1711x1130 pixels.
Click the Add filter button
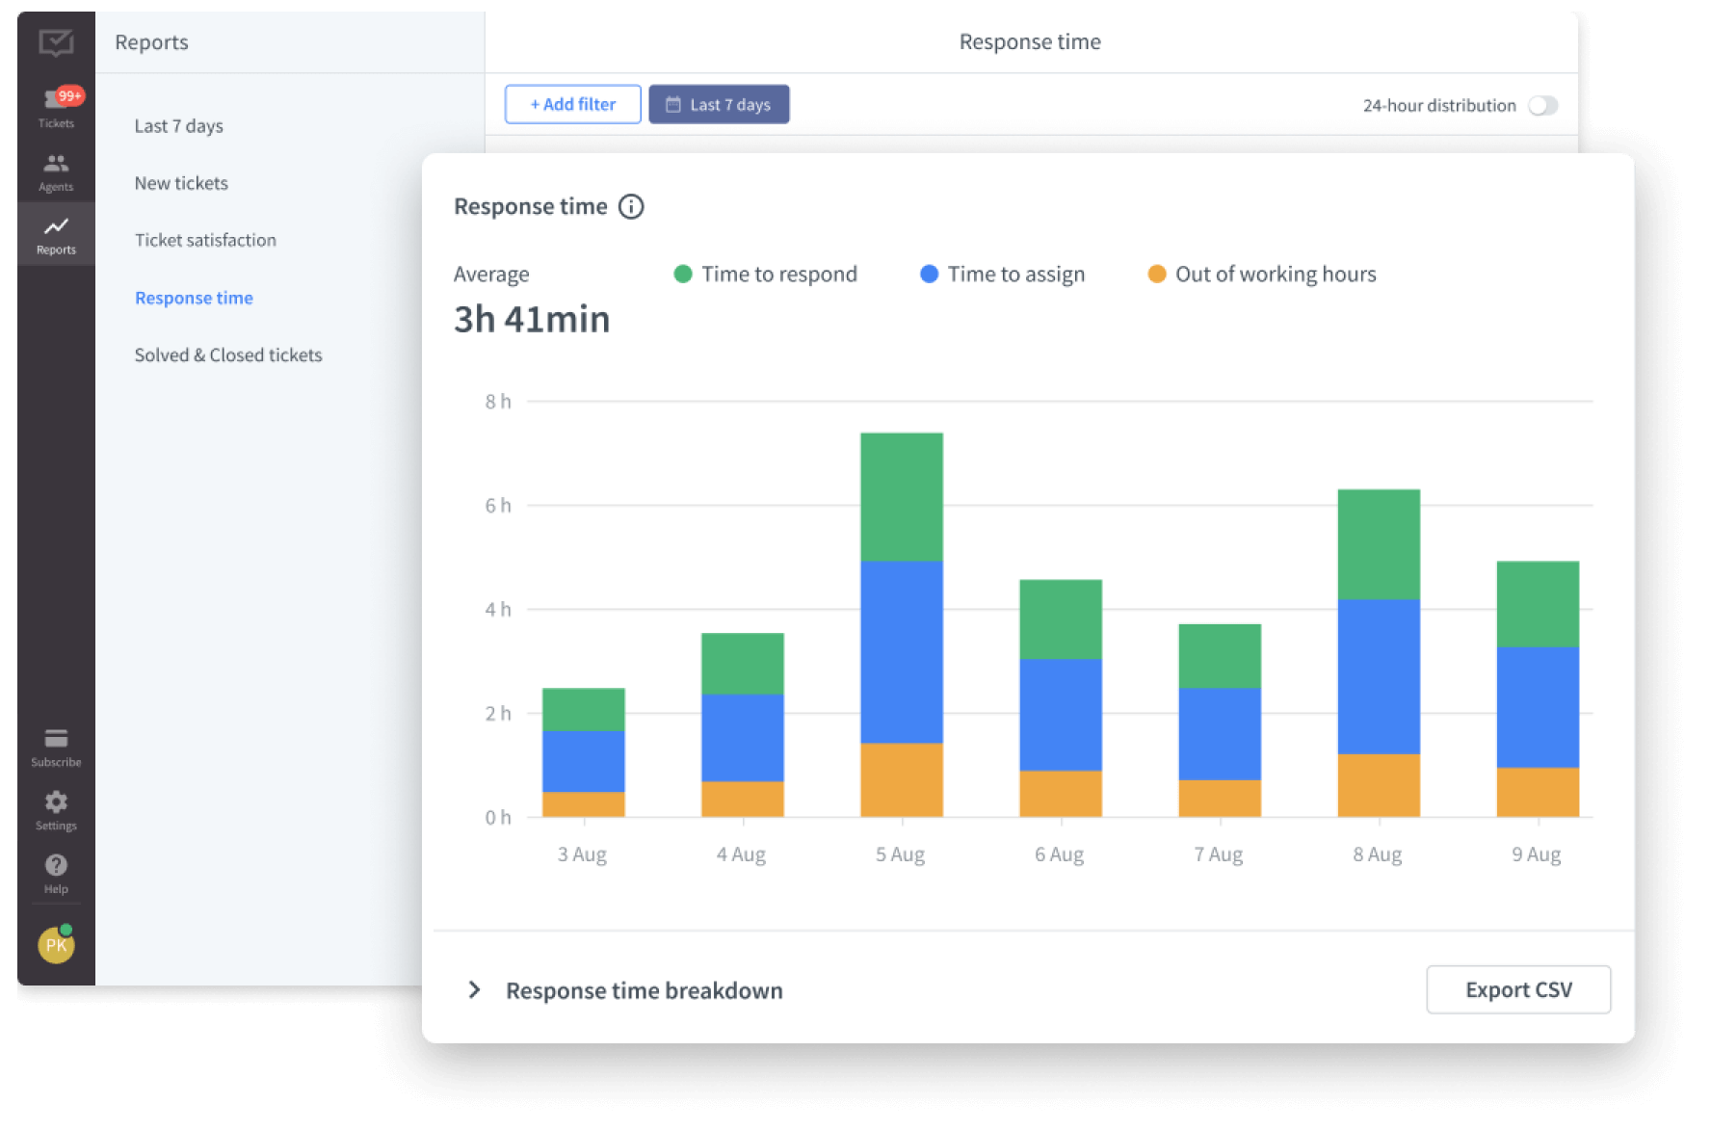click(572, 104)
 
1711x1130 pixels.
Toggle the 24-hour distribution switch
click(1542, 105)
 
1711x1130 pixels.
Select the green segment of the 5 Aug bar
click(901, 496)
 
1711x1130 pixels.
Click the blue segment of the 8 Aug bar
click(1378, 676)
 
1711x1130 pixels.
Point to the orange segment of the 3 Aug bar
click(583, 803)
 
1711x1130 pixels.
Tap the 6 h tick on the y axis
click(498, 506)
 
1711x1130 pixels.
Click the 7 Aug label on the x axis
click(1219, 854)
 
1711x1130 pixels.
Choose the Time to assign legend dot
click(929, 275)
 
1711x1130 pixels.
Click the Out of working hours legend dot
click(1156, 275)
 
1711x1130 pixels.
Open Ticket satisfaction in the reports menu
click(205, 240)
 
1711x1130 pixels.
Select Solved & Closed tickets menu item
click(228, 355)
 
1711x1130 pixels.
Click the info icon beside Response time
click(631, 206)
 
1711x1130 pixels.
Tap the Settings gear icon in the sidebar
click(56, 802)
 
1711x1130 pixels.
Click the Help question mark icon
click(56, 865)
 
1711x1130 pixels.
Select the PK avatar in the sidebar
click(56, 945)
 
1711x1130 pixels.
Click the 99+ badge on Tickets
click(70, 95)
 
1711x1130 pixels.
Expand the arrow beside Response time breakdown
click(474, 990)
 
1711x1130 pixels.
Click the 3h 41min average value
click(532, 319)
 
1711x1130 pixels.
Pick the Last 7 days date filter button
click(719, 104)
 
